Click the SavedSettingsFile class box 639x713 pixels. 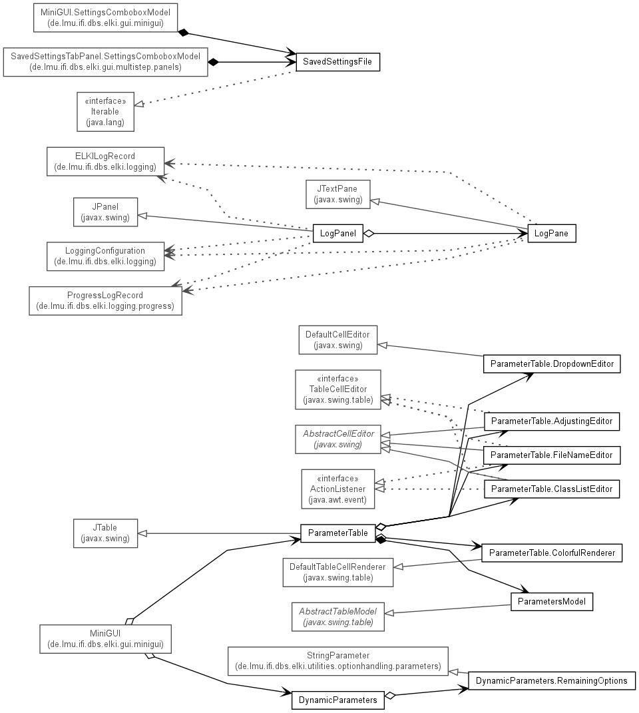coord(338,62)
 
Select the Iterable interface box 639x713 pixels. coord(106,112)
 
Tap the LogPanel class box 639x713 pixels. coord(338,233)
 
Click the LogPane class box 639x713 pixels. coord(552,233)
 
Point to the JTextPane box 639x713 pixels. coord(338,194)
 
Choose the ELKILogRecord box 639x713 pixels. coord(106,161)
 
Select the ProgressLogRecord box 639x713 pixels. coord(106,300)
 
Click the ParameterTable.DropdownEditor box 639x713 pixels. coord(552,363)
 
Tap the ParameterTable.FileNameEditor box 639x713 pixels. coord(552,455)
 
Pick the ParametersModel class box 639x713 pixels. coord(552,602)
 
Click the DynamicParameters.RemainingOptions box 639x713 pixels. coord(552,681)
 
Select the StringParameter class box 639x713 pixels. coord(338,661)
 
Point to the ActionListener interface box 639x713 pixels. coord(338,489)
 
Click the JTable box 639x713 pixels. coord(106,533)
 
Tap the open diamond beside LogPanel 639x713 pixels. coord(369,234)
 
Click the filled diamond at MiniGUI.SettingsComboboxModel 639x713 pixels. coord(183,33)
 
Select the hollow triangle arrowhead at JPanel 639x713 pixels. coord(142,216)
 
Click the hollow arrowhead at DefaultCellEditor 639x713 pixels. coord(383,346)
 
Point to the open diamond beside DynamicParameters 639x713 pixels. coord(390,695)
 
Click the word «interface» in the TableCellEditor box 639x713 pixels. coord(338,378)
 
